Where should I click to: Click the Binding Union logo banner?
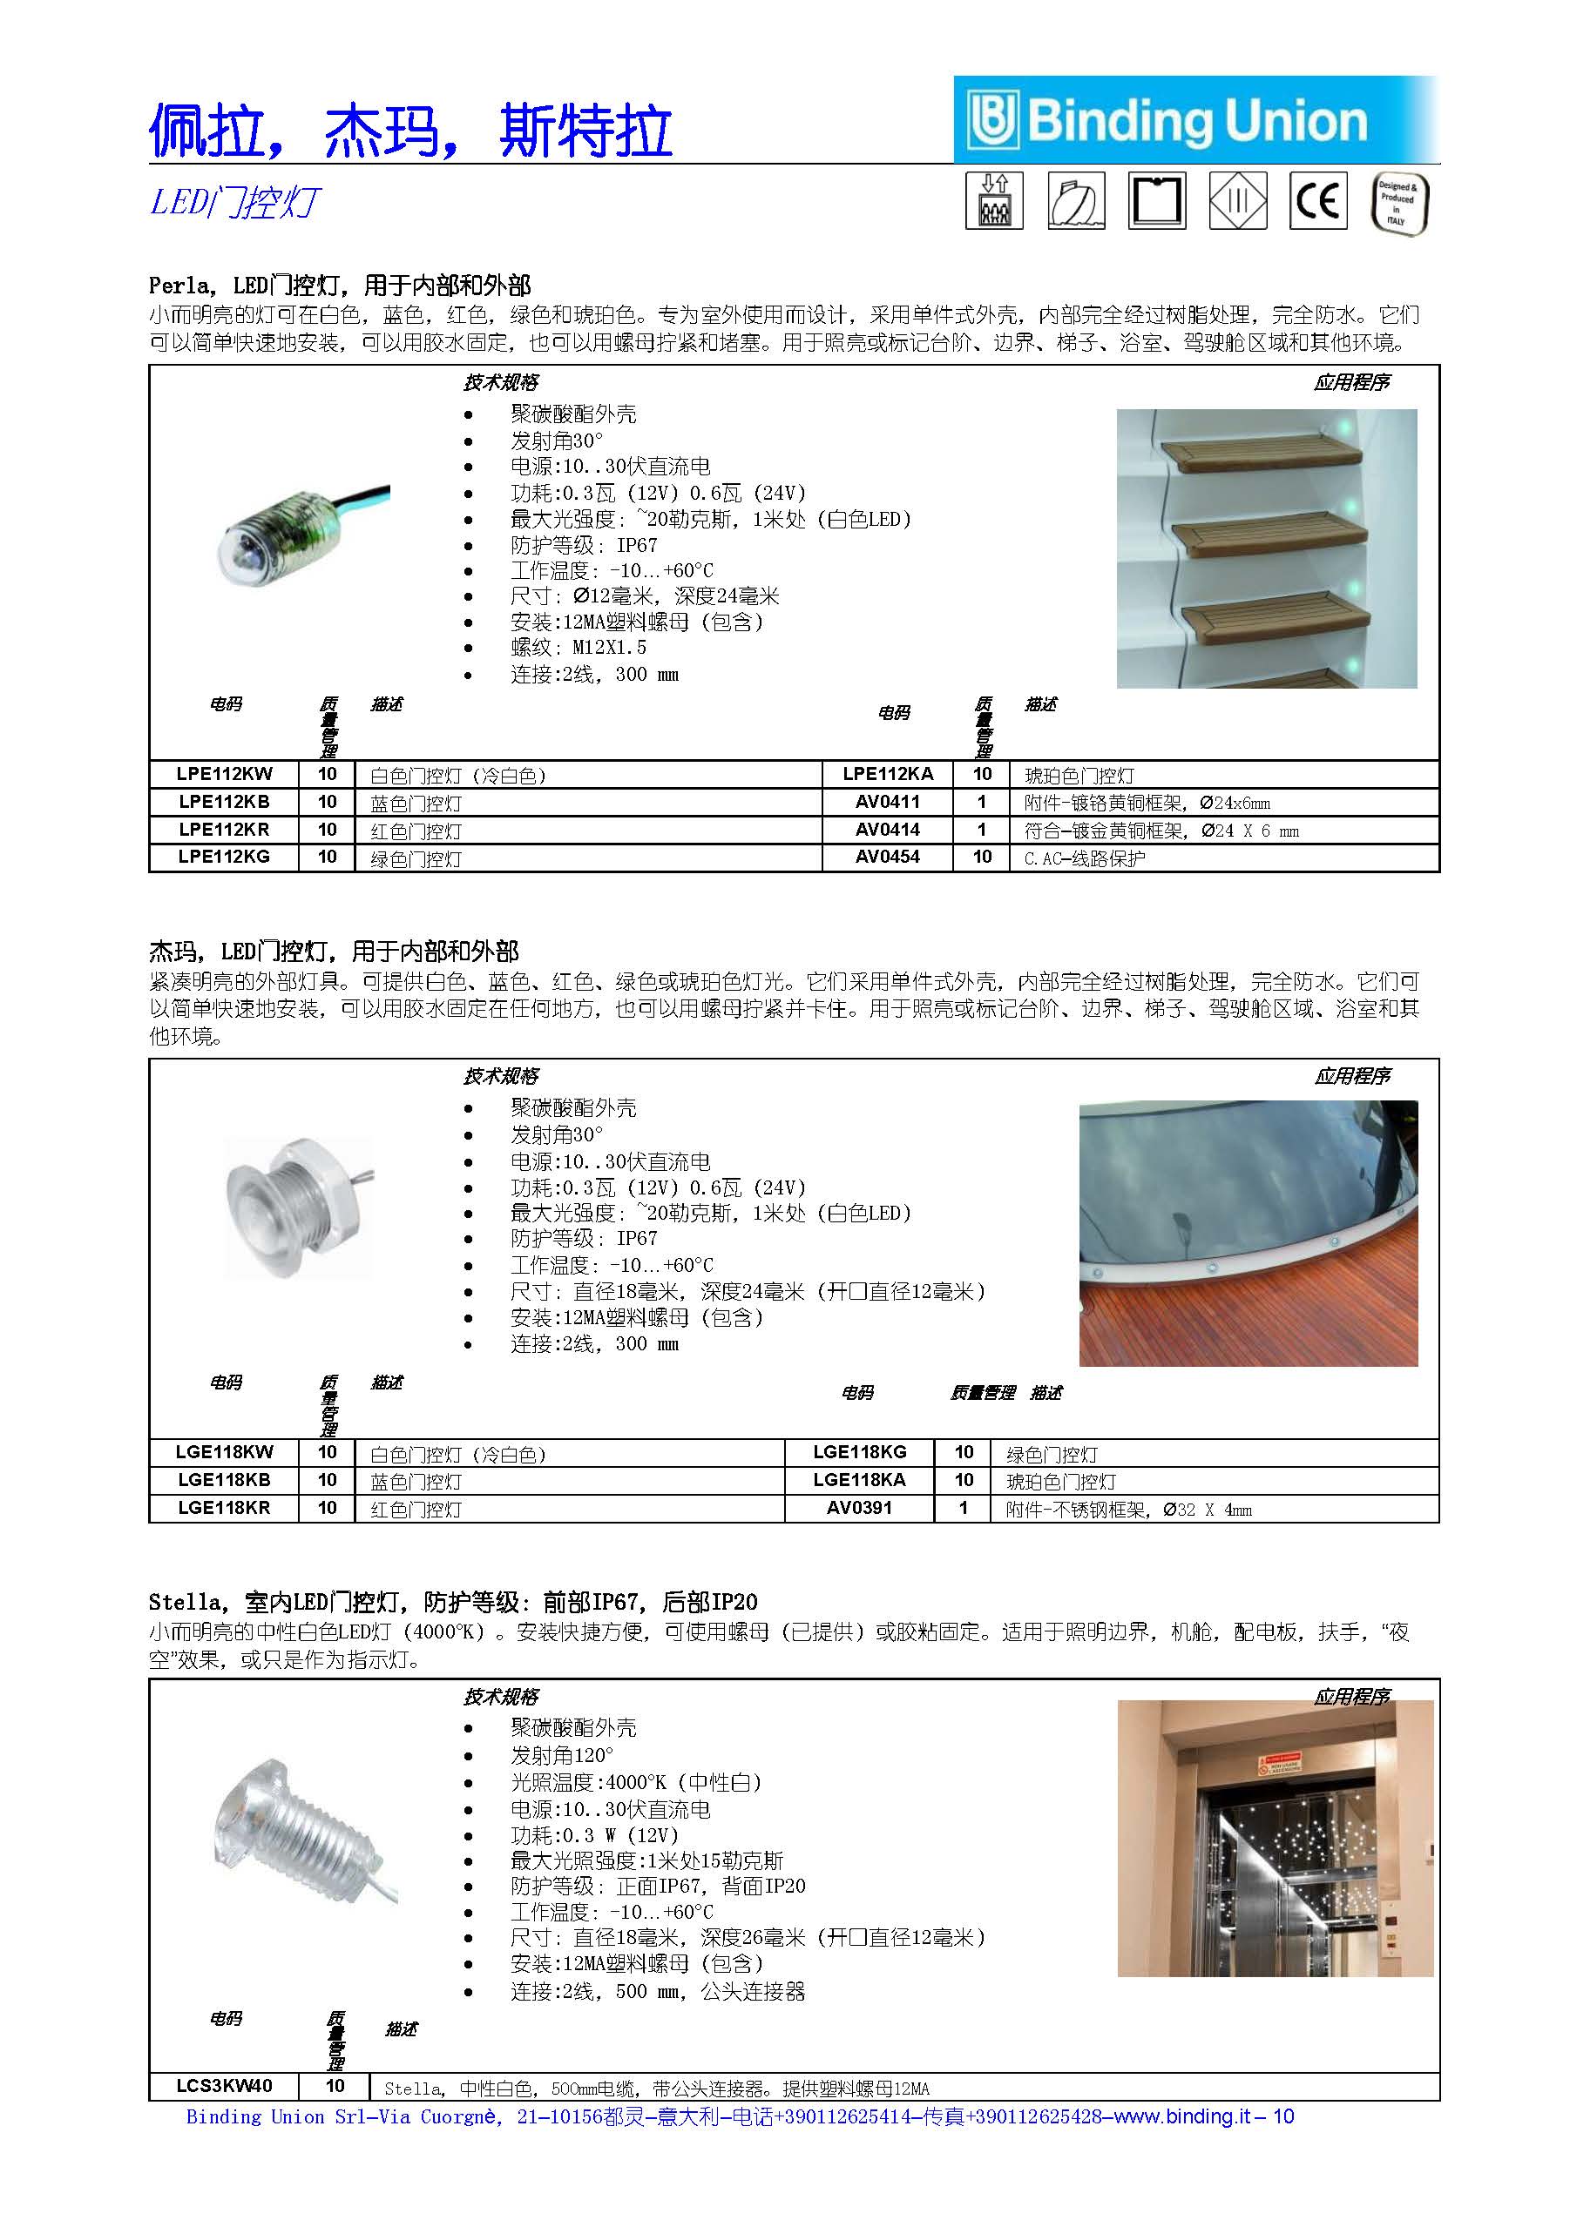point(1195,121)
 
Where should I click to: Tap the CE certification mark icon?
point(1317,201)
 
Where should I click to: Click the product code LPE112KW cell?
point(225,775)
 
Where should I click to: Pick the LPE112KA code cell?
point(887,775)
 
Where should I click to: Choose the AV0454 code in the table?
point(887,857)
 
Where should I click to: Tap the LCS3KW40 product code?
point(225,2086)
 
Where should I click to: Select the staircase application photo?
point(1266,548)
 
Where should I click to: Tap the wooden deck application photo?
point(1248,1233)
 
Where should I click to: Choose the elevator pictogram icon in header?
point(994,201)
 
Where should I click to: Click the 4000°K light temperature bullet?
point(635,1781)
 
